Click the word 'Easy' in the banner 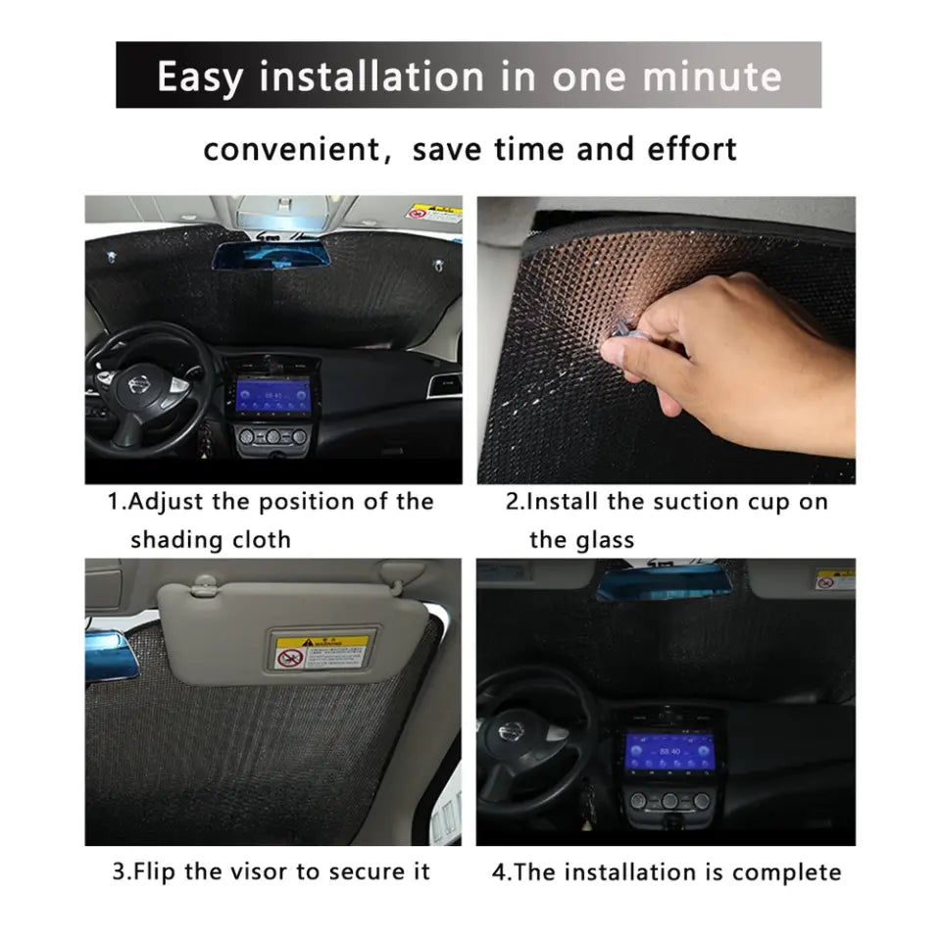200,77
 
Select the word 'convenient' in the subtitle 293,149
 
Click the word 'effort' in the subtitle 691,148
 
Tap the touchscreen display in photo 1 272,396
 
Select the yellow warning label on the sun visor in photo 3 322,653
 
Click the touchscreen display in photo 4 669,753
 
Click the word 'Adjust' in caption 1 166,502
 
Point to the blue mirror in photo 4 665,582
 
